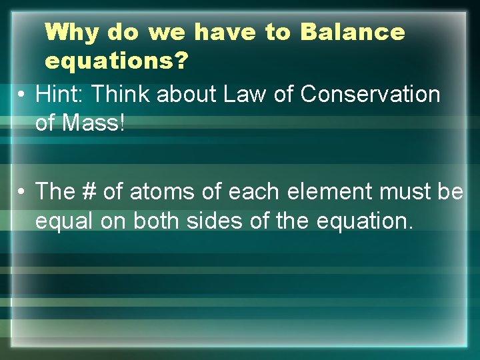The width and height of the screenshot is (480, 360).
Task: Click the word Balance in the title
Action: (x=353, y=31)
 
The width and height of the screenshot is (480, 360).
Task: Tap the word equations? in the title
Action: (x=117, y=61)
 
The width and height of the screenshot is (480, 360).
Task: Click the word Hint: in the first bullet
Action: (x=60, y=95)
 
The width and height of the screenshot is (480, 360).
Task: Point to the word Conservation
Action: (x=370, y=95)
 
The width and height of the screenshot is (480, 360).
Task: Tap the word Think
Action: (x=122, y=95)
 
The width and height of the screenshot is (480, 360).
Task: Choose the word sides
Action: (x=225, y=221)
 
